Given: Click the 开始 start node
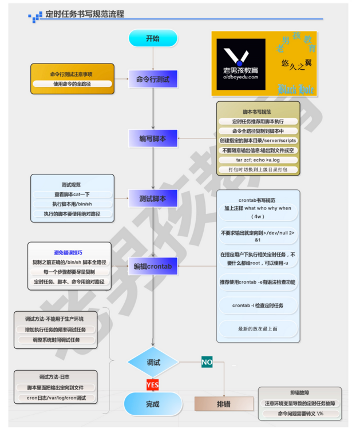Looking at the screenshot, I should tap(153, 38).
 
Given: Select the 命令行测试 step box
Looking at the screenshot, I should tap(153, 79).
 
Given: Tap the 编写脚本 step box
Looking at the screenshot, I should tap(153, 138).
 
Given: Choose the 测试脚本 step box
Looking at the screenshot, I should tap(153, 199).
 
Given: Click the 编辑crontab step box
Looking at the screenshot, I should tap(153, 266).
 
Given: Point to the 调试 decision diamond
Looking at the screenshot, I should tap(153, 363).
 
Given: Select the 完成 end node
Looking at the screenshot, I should tap(153, 404).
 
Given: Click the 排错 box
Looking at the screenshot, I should tap(224, 404).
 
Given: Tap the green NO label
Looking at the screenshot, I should tap(207, 362).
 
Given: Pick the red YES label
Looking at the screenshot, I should tap(152, 385).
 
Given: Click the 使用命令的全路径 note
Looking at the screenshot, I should tap(72, 84).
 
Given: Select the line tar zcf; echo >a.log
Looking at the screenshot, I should tap(258, 160).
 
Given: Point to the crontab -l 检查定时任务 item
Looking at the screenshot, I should tap(258, 305).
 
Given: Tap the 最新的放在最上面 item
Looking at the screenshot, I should tap(258, 329).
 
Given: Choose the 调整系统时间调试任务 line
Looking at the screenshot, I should tap(56, 340).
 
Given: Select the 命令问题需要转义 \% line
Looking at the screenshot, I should tap(300, 413).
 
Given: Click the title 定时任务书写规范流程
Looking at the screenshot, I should tap(84, 14).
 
